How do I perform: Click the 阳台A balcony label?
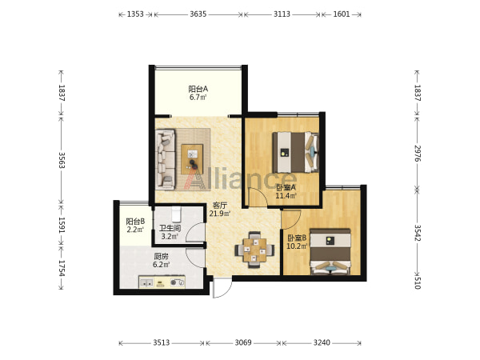pos(198,89)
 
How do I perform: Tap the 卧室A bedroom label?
pos(286,187)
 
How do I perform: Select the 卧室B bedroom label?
pos(297,238)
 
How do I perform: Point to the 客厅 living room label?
pos(220,206)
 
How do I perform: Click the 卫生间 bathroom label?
pos(170,228)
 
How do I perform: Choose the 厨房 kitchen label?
pos(161,256)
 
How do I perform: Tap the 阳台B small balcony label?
pos(135,221)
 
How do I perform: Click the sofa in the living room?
pos(166,159)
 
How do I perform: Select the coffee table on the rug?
pos(192,159)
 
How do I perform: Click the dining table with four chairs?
pos(254,250)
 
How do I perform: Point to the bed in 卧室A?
pos(296,152)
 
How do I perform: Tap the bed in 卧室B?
pos(330,252)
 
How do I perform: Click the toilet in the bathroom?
pos(176,214)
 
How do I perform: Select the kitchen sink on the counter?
pos(146,283)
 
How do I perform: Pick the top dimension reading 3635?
pos(198,14)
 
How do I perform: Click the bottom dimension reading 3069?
pos(243,342)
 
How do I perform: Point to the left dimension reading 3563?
pos(62,160)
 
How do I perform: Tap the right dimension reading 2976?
pos(418,154)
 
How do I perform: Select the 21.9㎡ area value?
pos(220,214)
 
